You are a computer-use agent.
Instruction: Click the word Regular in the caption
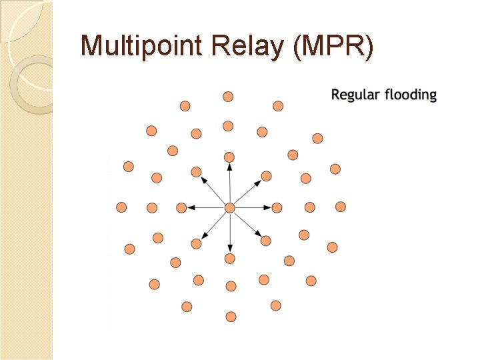point(355,95)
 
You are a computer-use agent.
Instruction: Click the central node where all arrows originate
point(229,208)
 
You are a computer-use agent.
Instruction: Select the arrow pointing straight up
point(229,183)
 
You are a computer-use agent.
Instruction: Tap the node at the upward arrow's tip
point(229,157)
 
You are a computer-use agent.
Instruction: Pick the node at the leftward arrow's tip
point(181,208)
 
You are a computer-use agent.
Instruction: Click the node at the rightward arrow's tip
point(277,208)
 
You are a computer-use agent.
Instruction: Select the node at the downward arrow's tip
point(230,258)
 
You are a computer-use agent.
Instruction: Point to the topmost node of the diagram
point(228,97)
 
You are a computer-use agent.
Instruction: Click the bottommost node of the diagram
point(231,316)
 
